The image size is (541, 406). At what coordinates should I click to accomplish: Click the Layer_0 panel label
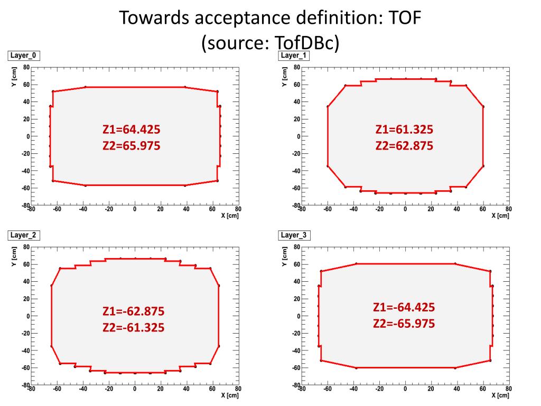[23, 56]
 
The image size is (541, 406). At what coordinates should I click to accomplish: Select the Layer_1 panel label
[294, 56]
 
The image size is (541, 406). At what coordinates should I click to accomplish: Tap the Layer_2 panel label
[23, 235]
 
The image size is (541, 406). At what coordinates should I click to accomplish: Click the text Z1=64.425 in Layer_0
[131, 130]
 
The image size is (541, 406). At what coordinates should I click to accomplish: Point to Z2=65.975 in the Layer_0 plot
[131, 145]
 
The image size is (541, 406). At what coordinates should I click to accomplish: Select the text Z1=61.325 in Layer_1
[404, 130]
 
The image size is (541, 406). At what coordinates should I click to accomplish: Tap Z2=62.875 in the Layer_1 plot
[404, 145]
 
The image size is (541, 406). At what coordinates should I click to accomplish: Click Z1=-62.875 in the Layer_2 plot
[133, 311]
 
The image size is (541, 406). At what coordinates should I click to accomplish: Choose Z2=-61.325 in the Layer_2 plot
[133, 328]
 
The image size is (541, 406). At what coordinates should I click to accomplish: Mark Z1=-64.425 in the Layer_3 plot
[404, 308]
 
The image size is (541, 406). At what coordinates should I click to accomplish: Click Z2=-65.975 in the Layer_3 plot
[404, 324]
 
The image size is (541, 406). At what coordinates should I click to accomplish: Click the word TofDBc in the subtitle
[306, 43]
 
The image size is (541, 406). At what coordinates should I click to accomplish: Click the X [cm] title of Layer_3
[500, 395]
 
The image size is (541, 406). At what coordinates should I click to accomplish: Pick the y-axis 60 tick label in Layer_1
[296, 85]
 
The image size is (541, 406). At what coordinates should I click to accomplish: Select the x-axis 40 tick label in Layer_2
[186, 389]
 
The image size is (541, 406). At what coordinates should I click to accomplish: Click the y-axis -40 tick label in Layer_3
[295, 350]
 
